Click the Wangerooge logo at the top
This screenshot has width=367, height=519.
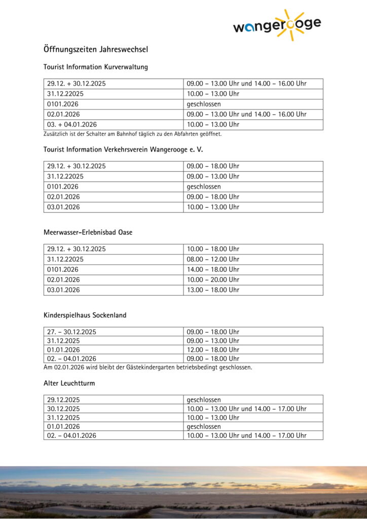(x=276, y=25)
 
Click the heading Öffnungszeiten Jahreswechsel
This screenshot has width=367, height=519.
(x=95, y=49)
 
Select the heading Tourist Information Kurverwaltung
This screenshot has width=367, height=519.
(x=95, y=67)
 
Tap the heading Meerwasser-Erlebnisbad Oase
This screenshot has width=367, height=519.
(x=88, y=232)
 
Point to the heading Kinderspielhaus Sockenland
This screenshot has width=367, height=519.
(x=85, y=315)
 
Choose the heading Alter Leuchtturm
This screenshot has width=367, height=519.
(x=69, y=383)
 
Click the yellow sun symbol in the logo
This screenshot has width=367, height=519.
(x=290, y=24)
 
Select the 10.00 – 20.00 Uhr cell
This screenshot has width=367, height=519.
(x=213, y=279)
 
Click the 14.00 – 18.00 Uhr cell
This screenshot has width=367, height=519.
(x=213, y=269)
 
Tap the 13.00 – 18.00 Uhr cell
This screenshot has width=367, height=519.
(x=213, y=290)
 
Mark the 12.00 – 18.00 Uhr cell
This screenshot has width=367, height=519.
(x=213, y=350)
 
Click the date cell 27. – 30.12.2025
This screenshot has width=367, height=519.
(x=71, y=332)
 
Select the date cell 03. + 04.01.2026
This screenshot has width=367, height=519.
(x=72, y=124)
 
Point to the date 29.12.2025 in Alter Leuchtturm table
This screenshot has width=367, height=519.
(x=63, y=400)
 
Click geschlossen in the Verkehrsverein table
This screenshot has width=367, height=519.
(x=204, y=187)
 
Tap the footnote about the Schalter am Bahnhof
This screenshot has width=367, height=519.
(x=132, y=134)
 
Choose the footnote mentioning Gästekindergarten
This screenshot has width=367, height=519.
(x=148, y=367)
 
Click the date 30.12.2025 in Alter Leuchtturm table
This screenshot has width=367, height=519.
(x=63, y=409)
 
